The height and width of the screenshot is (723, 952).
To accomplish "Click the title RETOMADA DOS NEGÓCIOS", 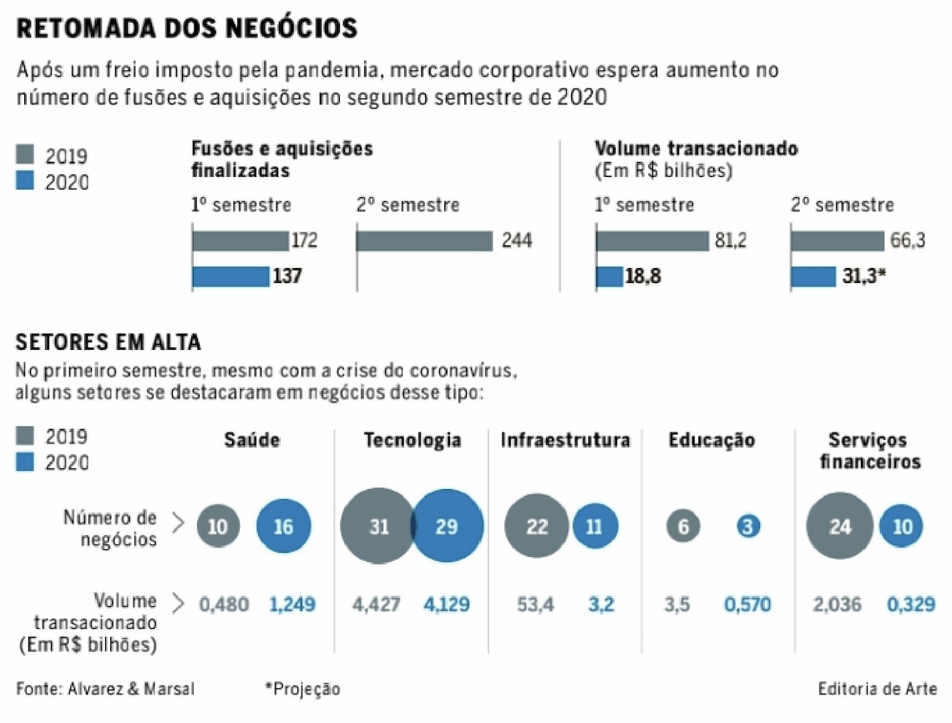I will (x=187, y=28).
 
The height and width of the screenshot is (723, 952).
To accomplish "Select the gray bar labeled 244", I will (x=424, y=241).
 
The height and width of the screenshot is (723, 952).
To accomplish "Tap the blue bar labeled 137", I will (x=230, y=276).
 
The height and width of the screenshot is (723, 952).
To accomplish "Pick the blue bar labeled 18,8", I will (x=610, y=276).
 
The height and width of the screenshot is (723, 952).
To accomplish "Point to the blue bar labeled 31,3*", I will (x=813, y=276).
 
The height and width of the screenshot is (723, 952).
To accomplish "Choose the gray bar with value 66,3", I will (x=838, y=241).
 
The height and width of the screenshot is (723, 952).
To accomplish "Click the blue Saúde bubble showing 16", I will (x=283, y=527).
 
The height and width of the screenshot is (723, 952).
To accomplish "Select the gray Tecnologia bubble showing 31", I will (x=377, y=528).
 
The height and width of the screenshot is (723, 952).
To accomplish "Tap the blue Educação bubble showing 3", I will (x=748, y=527).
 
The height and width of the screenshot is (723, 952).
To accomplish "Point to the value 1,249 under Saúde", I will (x=291, y=604).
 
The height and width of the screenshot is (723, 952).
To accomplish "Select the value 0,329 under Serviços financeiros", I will (x=909, y=604).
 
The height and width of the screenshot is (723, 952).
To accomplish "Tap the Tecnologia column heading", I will (x=413, y=441).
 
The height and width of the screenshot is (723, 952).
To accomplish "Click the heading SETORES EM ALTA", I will (x=109, y=343).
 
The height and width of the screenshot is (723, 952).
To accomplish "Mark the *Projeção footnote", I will (x=303, y=689).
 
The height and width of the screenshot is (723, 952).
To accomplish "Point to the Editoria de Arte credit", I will (x=877, y=689).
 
